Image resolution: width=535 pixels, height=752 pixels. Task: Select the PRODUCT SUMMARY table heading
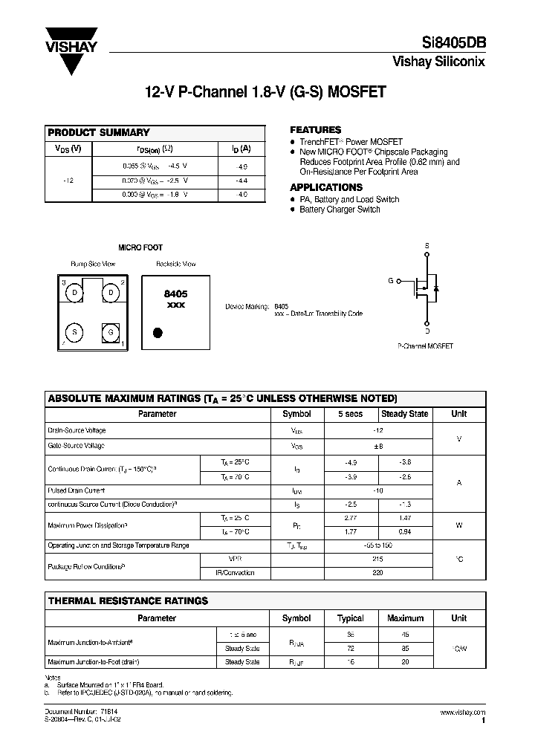pos(99,132)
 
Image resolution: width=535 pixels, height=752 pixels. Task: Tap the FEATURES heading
pos(315,129)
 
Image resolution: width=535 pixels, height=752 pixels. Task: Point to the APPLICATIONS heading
pos(326,187)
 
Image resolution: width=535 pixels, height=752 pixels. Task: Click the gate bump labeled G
pos(109,331)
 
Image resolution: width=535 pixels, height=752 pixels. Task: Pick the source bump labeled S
pos(75,331)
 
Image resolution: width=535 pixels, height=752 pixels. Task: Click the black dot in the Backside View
pos(158,332)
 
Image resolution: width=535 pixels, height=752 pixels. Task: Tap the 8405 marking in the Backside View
pos(175,294)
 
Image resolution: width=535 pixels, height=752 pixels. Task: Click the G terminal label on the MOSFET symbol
pos(391,281)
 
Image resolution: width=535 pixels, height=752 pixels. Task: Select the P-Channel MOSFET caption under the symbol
pos(426,346)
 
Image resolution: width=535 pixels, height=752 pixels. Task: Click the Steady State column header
pos(404,414)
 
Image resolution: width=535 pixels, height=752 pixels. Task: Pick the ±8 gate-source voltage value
pos(378,446)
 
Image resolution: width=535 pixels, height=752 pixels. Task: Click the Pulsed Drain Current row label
pos(76,490)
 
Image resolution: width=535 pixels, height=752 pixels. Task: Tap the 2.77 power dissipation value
pos(351,517)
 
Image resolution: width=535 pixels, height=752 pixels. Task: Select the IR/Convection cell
pos(235,572)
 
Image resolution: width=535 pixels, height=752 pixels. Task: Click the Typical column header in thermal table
pos(351,618)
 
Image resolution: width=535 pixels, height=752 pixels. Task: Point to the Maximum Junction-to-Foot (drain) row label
pos(94,661)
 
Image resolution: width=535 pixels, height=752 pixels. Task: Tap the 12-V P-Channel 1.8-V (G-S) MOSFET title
pos(265,94)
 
